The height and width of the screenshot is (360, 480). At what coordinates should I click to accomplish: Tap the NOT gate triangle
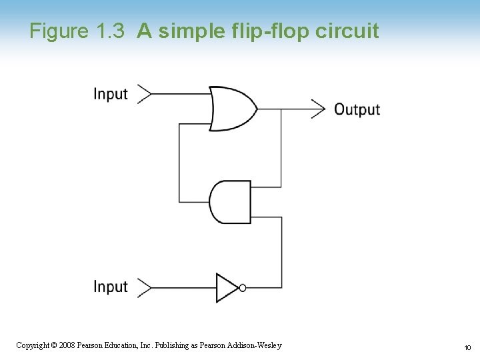[x=227, y=287]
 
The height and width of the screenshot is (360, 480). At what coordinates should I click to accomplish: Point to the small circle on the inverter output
[x=243, y=287]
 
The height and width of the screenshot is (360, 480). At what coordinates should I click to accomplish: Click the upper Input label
[x=111, y=94]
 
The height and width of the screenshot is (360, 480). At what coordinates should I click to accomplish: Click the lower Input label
[x=111, y=287]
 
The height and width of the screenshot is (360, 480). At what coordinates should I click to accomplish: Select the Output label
[x=357, y=109]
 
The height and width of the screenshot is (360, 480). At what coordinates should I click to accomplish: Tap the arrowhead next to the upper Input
[x=143, y=94]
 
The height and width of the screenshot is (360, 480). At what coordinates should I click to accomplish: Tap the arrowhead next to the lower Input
[x=143, y=287]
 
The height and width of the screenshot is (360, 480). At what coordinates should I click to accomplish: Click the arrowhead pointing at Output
[x=318, y=108]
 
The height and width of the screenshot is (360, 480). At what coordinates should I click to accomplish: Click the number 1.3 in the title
[x=109, y=31]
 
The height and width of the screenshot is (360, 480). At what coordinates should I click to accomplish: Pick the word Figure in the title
[x=59, y=31]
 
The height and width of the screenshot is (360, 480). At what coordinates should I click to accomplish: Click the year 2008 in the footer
[x=67, y=345]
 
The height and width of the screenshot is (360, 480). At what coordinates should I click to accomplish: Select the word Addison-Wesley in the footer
[x=255, y=345]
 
